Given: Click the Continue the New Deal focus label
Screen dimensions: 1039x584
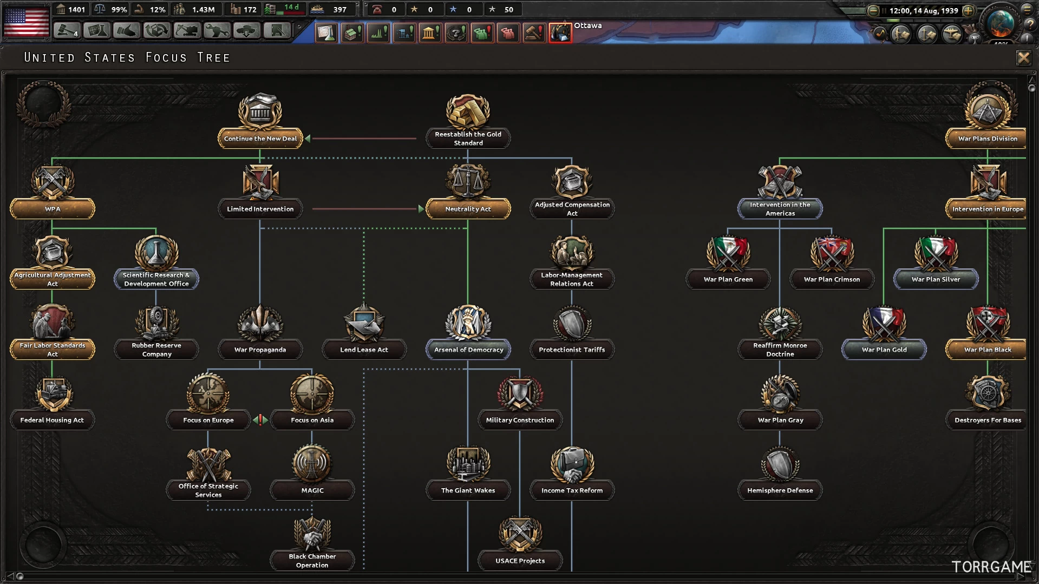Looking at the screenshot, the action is coord(260,139).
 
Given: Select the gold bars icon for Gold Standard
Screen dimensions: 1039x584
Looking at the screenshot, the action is coord(468,111).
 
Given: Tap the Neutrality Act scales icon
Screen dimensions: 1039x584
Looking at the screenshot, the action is coord(468,181).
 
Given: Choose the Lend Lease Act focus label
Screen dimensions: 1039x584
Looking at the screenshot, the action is coord(364,350).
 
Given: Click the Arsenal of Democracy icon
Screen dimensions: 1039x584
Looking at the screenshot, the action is coord(468,323).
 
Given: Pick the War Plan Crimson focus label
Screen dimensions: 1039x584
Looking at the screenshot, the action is coord(832,279).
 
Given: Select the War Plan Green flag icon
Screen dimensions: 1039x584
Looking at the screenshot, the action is coord(728,252).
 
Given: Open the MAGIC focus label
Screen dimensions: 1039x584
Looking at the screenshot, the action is coord(312,490).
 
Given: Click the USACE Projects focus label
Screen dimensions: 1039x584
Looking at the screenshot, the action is coord(520,561).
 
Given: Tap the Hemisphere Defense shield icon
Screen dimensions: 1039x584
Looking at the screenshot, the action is coord(780,463).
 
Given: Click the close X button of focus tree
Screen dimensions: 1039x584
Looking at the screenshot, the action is coord(1023,58).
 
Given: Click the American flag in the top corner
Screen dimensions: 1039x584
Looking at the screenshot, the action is coord(26,21).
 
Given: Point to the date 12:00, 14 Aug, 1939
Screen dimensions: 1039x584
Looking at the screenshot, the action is coord(924,10).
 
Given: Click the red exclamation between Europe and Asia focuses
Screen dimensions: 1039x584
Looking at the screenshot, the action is coord(260,419).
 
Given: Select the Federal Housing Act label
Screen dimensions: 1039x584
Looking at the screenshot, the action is coord(52,420).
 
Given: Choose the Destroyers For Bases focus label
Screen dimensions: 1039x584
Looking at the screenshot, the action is coord(988,420).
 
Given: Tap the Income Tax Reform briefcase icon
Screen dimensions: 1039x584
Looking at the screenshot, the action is coord(572,463).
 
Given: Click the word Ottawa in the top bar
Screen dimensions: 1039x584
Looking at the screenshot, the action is coord(587,25).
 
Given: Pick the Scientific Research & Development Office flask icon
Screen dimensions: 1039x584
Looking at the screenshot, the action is coord(156,252).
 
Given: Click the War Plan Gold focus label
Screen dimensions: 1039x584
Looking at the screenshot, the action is coord(884,350).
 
